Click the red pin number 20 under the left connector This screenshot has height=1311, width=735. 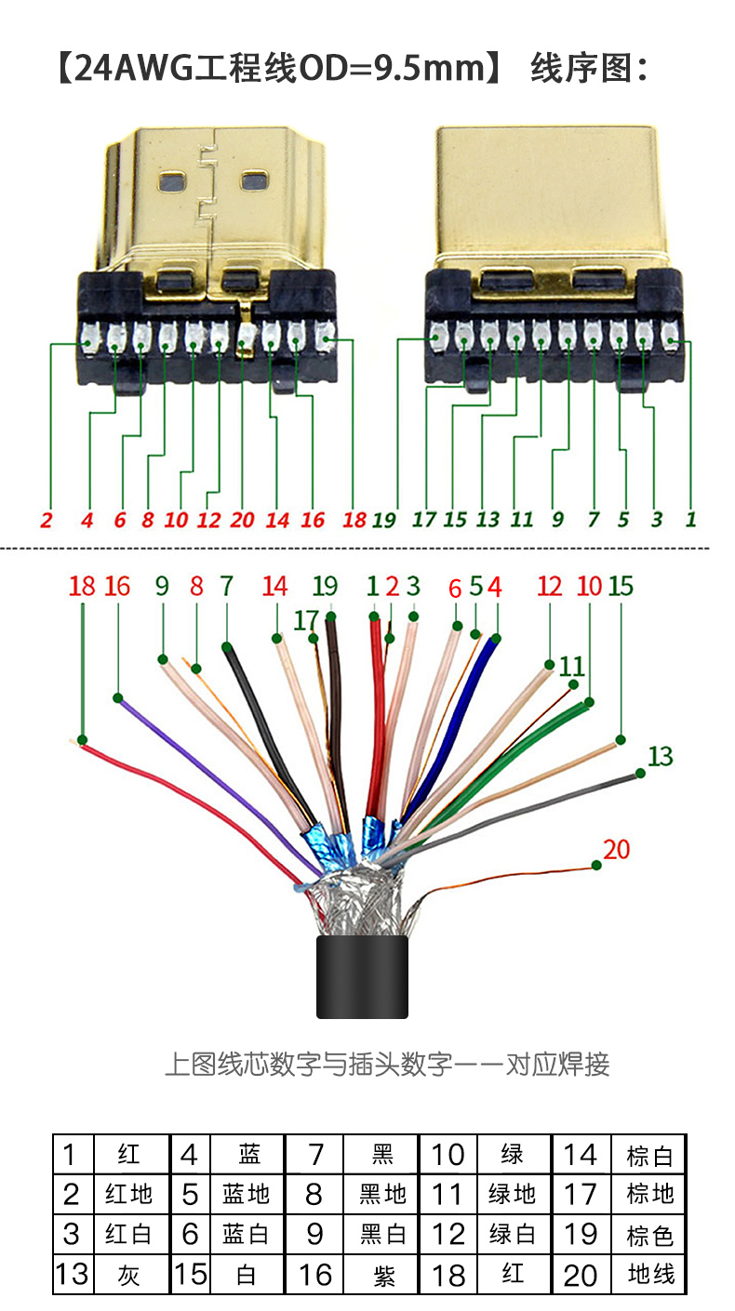[x=242, y=520]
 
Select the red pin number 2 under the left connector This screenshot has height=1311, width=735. [x=47, y=520]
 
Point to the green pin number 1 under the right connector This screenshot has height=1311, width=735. [x=690, y=519]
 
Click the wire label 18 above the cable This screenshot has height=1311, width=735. [x=82, y=586]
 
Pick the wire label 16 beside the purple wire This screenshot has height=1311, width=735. [x=117, y=586]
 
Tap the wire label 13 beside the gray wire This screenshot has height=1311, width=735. [x=660, y=756]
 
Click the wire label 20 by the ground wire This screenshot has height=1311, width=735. [x=616, y=849]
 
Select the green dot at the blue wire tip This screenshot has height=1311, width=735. [x=495, y=638]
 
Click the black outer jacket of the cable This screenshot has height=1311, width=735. [x=362, y=976]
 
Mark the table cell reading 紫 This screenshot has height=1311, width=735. [x=382, y=1274]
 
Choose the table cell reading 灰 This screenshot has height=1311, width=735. [x=129, y=1274]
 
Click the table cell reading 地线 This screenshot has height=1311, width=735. [x=650, y=1274]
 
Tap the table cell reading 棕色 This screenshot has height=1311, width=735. [x=650, y=1235]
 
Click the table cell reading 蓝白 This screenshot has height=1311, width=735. [x=247, y=1235]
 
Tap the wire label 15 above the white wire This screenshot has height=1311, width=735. [x=621, y=586]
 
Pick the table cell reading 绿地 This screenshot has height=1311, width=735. [x=513, y=1194]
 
